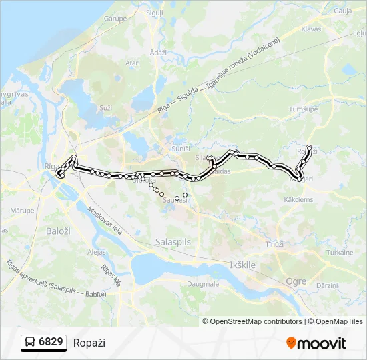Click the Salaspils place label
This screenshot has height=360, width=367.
[x=173, y=241]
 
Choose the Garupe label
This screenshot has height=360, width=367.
[x=115, y=19]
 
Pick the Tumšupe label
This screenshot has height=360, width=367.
[x=301, y=109]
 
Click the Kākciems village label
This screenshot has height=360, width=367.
[x=298, y=199]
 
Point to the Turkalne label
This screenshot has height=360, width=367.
[x=340, y=253]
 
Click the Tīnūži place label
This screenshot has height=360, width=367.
[x=274, y=245]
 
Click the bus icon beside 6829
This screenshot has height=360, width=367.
[x=29, y=342]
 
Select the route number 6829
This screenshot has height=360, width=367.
[x=51, y=342]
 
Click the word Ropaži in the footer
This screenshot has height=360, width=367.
[x=89, y=343]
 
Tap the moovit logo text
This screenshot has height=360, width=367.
[x=322, y=343]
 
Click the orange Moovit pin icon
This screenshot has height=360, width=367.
[x=291, y=343]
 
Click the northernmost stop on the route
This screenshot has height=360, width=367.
[x=309, y=147]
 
